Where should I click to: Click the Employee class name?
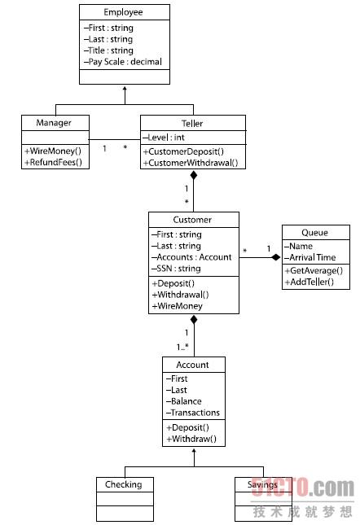[x=123, y=12]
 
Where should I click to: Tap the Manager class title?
[x=54, y=123]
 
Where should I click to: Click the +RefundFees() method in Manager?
[x=53, y=162]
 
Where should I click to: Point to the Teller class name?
[x=192, y=123]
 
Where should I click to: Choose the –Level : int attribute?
[x=164, y=138]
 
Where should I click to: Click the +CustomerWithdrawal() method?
[x=191, y=163]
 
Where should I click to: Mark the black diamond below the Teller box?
[x=193, y=175]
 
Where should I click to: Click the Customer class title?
[x=192, y=220]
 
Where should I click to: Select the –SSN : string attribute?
[x=176, y=269]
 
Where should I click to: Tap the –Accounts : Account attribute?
[x=191, y=257]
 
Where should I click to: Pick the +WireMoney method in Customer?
[x=178, y=306]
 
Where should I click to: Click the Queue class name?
[x=314, y=232]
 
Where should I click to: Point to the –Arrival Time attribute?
[x=310, y=257]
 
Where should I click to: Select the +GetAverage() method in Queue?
[x=314, y=270]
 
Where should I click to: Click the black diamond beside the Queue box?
[x=276, y=257]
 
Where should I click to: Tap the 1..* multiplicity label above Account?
[x=182, y=347]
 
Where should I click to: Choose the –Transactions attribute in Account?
[x=192, y=413]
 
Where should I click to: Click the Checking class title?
[x=124, y=484]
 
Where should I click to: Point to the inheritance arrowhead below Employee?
[x=125, y=89]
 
